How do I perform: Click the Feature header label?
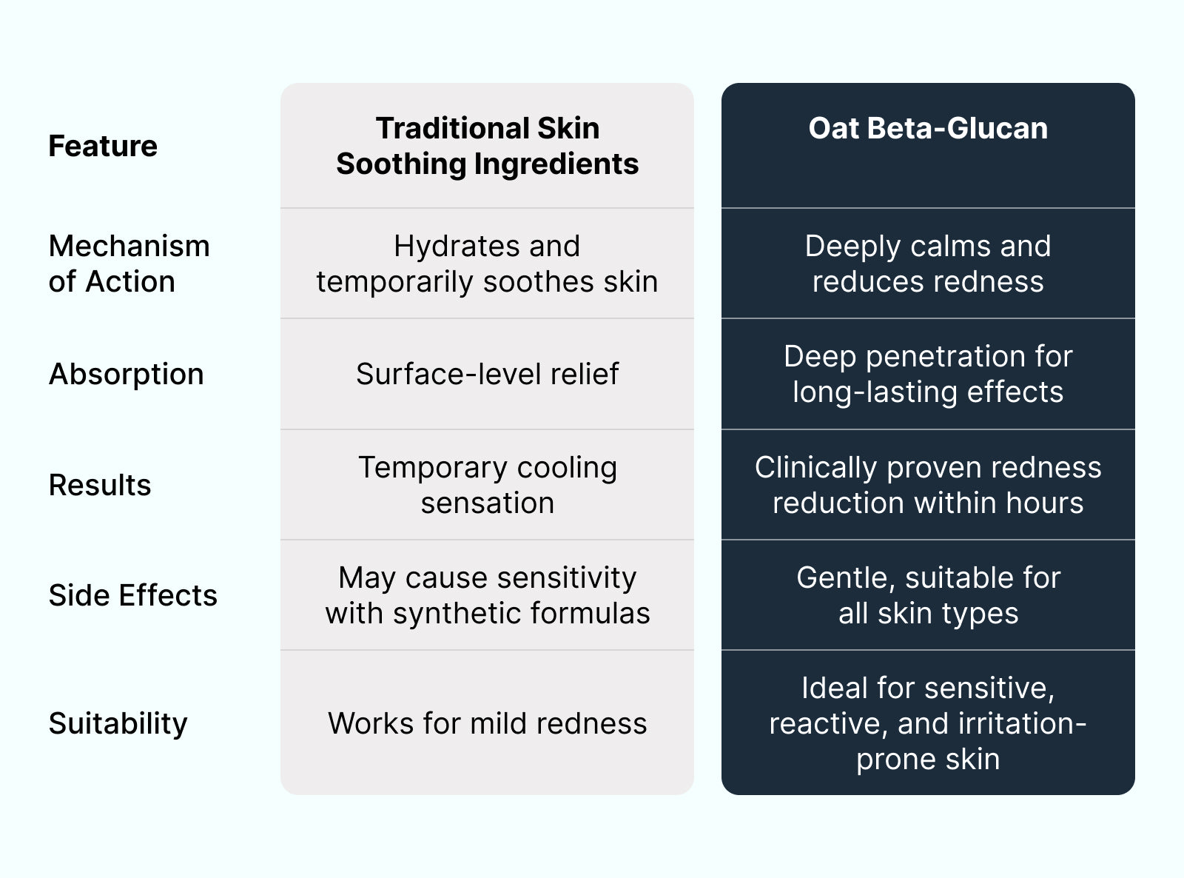(103, 146)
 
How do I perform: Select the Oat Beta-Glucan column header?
(928, 128)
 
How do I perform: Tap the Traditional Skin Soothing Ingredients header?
(488, 146)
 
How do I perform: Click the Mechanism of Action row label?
(129, 264)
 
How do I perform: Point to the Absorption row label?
(126, 374)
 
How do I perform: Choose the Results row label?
(100, 485)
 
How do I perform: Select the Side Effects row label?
(133, 595)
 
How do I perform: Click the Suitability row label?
(118, 724)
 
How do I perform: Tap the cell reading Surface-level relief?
(488, 374)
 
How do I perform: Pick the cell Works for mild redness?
(488, 724)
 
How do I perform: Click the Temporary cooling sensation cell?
(488, 485)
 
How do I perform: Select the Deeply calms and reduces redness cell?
(928, 264)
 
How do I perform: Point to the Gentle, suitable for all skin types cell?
(928, 595)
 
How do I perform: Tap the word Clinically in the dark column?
(815, 468)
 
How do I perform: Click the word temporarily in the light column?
(394, 282)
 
